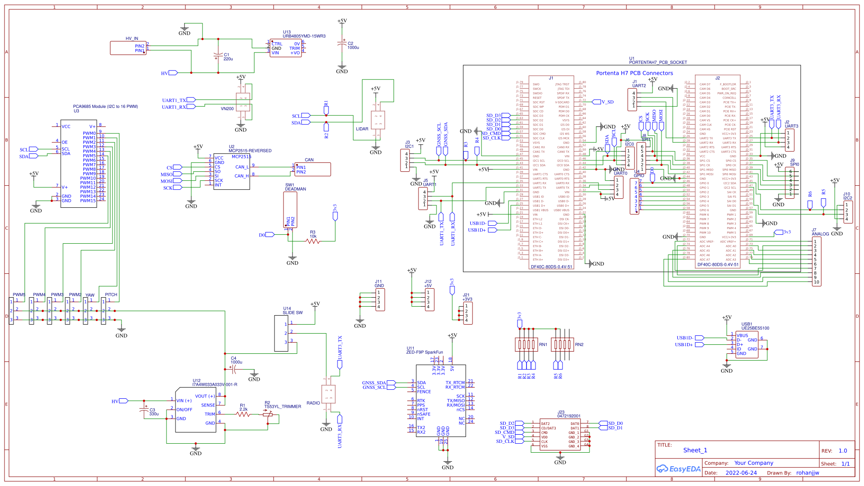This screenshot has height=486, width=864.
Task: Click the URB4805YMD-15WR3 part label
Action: pos(304,36)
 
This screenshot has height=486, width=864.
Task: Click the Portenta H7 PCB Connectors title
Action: pos(634,73)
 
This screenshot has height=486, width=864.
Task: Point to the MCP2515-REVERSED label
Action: pos(250,151)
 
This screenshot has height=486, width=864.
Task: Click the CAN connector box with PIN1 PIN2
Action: pos(312,169)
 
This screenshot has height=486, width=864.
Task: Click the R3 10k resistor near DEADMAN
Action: pos(313,241)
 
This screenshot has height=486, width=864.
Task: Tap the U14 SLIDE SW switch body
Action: pos(281,333)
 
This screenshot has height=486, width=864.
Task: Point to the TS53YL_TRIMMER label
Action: pos(283,407)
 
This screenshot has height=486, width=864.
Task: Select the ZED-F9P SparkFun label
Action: pos(424,352)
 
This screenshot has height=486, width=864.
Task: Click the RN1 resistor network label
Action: pos(543,345)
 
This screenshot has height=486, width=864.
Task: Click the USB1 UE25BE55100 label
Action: pos(755,328)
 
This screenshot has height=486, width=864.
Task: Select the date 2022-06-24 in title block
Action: pos(741,473)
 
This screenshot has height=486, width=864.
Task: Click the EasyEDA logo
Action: pos(679,469)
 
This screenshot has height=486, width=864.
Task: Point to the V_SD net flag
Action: pos(607,102)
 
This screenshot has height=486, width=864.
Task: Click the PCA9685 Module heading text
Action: pos(105,107)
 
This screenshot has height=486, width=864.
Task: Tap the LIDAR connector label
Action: pos(362,129)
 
